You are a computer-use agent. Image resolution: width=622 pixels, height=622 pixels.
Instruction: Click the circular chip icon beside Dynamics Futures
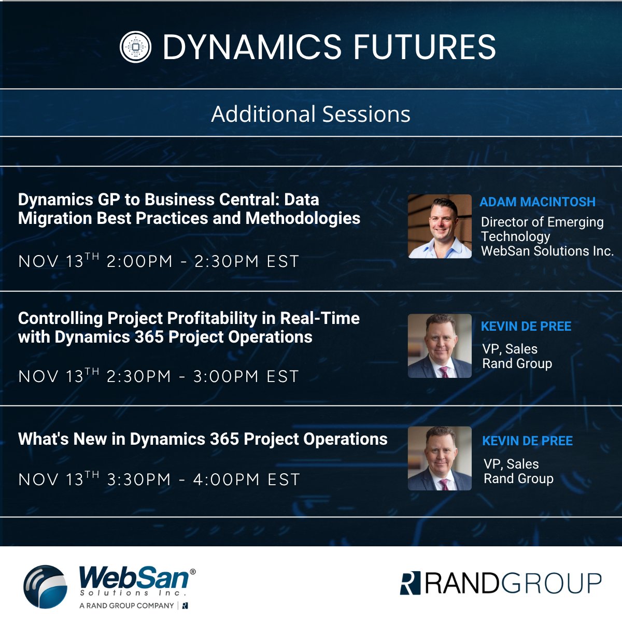pos(135,47)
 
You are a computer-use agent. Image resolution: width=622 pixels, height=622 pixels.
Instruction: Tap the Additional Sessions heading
pos(310,114)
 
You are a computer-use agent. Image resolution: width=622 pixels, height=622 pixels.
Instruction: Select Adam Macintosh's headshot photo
pos(440,227)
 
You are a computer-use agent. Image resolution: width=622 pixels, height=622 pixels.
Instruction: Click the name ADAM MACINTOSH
pos(538,202)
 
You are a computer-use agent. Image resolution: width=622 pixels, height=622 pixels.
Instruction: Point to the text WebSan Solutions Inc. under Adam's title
pos(547,251)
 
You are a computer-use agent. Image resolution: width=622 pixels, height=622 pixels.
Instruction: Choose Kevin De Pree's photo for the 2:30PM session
pos(440,346)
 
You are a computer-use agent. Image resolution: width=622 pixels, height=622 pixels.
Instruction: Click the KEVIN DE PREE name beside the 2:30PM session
pos(526,327)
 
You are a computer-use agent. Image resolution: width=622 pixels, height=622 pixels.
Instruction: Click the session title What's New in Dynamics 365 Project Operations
pos(203,439)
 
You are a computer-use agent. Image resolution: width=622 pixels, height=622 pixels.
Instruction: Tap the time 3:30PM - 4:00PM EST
pos(203,479)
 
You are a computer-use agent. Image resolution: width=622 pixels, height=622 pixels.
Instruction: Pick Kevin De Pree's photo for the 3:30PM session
pos(440,458)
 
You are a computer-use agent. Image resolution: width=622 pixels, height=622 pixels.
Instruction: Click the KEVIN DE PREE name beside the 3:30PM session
pos(527,441)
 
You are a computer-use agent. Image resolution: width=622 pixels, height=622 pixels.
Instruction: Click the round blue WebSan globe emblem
pos(46,586)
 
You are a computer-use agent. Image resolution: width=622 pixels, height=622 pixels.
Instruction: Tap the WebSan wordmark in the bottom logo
pos(134,577)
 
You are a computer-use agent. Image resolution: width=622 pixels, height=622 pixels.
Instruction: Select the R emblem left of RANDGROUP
pos(410,583)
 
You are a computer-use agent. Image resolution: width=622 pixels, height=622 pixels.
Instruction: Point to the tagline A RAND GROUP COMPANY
pos(126,605)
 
